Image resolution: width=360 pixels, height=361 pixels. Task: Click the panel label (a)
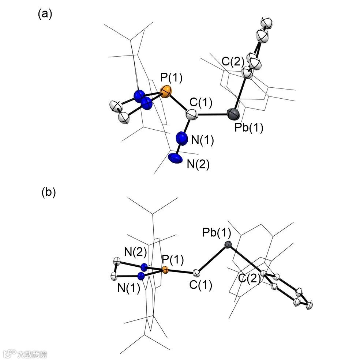click(x=45, y=14)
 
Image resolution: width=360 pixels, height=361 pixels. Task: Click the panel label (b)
click(x=48, y=193)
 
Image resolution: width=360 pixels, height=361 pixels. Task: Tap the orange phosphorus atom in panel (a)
click(x=166, y=91)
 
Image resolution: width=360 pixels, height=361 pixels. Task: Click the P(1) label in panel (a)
click(x=171, y=78)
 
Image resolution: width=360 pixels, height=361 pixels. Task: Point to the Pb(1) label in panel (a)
click(x=250, y=128)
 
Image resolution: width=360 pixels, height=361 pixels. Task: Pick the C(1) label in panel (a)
click(x=200, y=103)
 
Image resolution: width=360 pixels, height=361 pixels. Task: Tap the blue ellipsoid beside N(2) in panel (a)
click(x=175, y=157)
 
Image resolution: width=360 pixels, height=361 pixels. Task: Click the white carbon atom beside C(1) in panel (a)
click(x=192, y=115)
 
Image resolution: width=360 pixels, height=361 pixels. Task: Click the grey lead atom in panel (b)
click(x=228, y=245)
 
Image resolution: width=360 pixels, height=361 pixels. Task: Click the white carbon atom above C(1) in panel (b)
click(x=196, y=273)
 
